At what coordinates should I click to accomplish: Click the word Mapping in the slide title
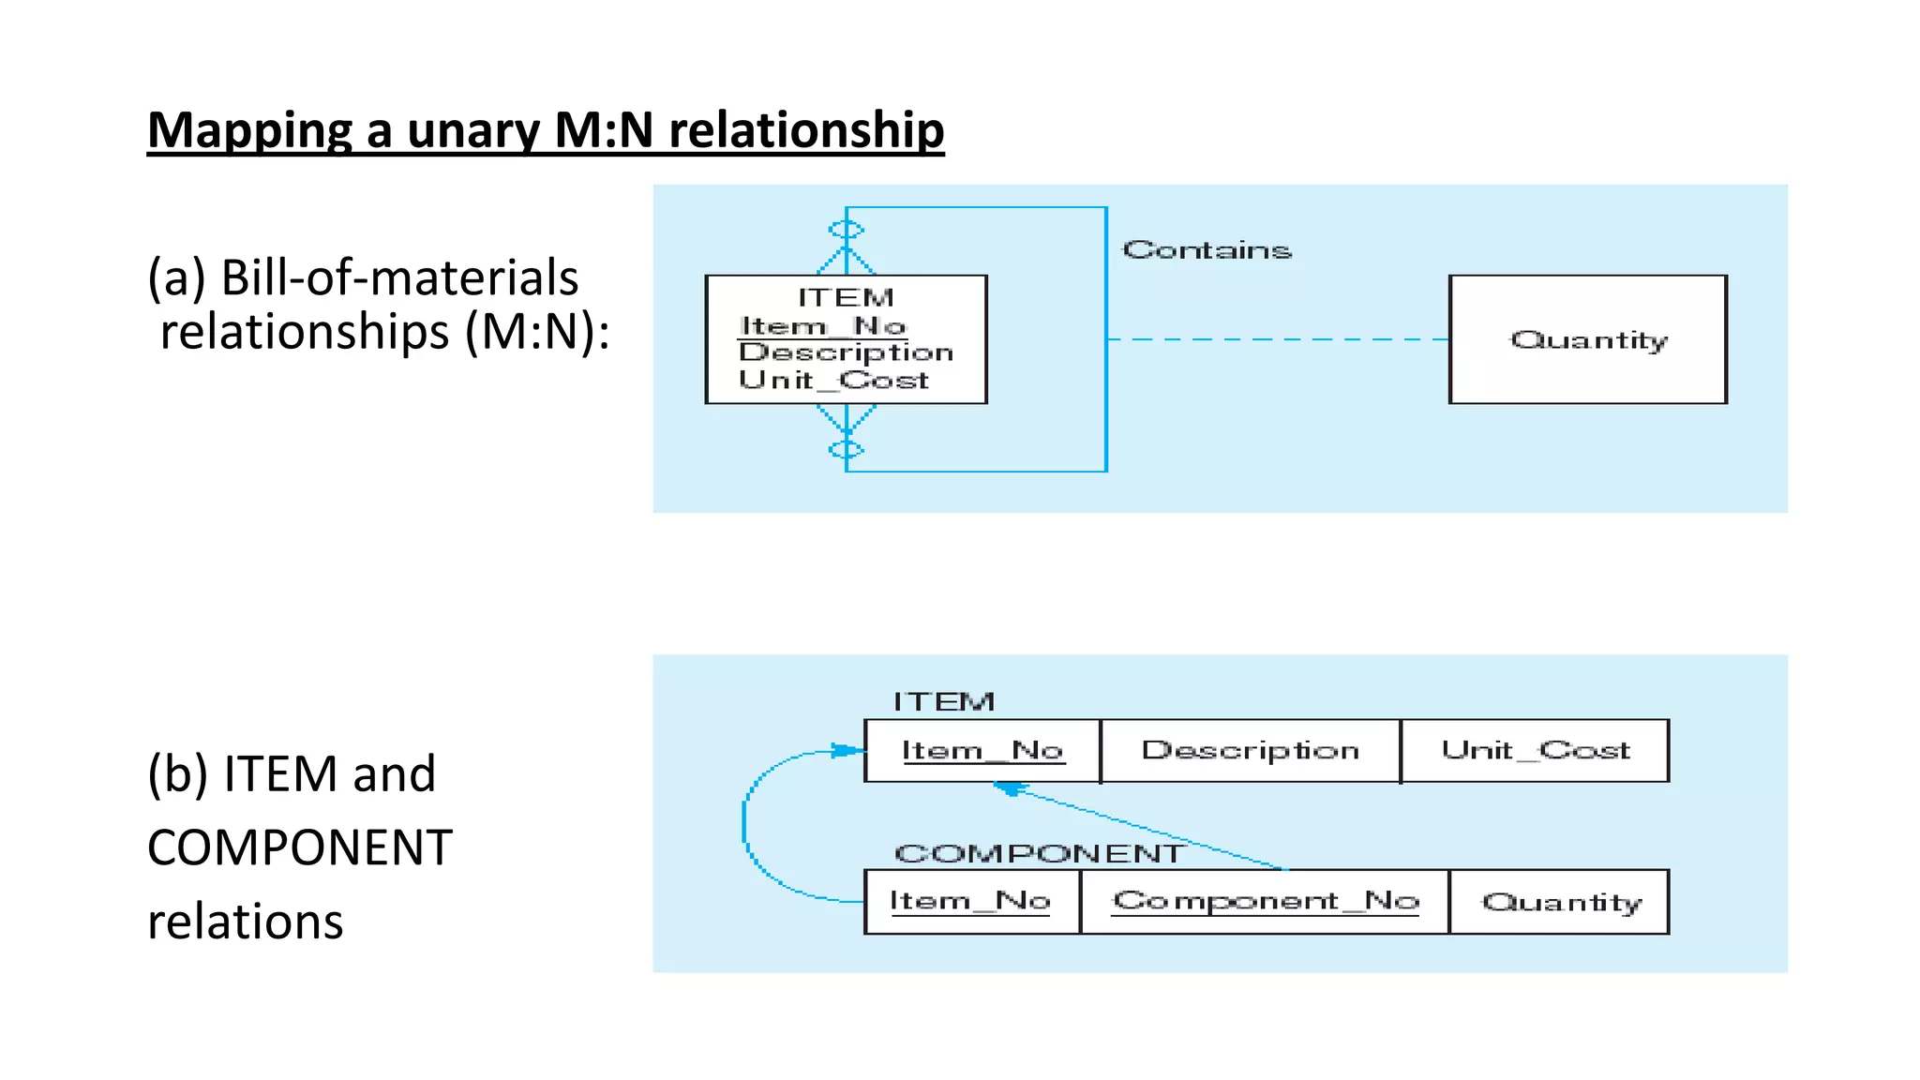(x=249, y=130)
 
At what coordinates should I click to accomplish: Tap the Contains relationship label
(x=1207, y=250)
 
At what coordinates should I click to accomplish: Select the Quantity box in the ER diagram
(x=1587, y=339)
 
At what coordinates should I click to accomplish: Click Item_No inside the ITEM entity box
(x=822, y=326)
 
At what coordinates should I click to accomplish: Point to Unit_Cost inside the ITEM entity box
(x=833, y=380)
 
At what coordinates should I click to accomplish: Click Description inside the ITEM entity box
(x=846, y=352)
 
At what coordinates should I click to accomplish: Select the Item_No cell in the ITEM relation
(x=982, y=751)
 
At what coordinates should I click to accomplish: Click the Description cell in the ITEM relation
(x=1250, y=751)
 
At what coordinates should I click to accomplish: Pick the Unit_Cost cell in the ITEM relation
(x=1535, y=751)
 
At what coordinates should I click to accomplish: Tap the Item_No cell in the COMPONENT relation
(x=970, y=902)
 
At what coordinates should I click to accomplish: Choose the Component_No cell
(x=1265, y=902)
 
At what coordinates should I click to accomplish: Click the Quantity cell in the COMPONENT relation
(x=1560, y=902)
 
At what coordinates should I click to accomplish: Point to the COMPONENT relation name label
(x=1038, y=853)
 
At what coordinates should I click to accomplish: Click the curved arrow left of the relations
(x=745, y=825)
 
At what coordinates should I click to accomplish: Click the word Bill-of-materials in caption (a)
(x=399, y=278)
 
